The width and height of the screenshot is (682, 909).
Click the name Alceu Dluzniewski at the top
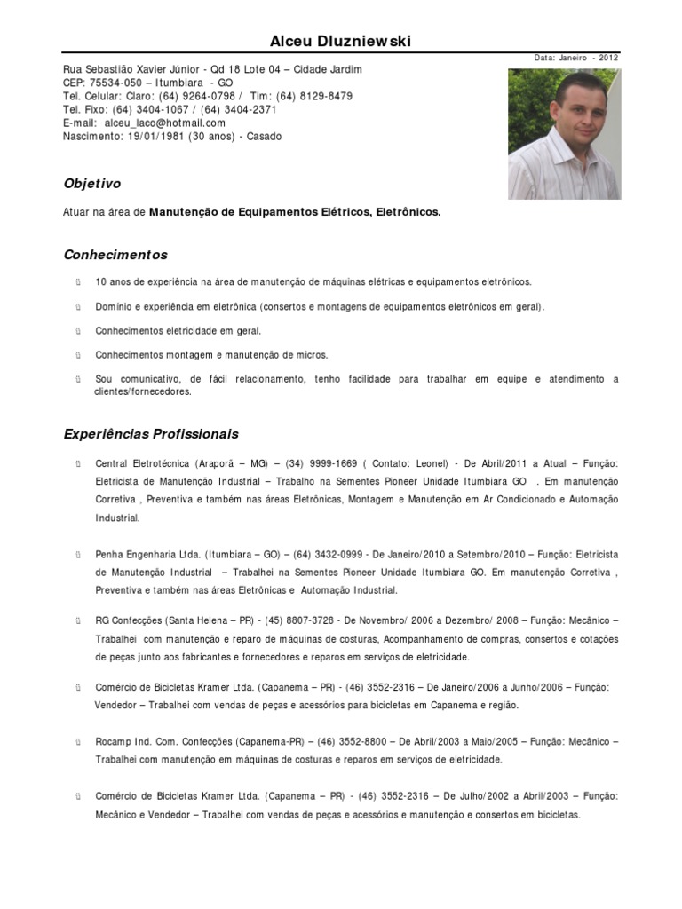[341, 42]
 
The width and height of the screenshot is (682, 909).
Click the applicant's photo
[564, 134]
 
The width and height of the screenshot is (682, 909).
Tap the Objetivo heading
[92, 184]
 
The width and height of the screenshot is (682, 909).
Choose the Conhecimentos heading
[115, 255]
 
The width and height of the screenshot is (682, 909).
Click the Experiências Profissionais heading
[151, 434]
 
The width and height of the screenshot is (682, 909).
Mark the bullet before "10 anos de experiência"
[78, 282]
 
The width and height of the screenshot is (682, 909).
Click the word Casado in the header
[264, 137]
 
